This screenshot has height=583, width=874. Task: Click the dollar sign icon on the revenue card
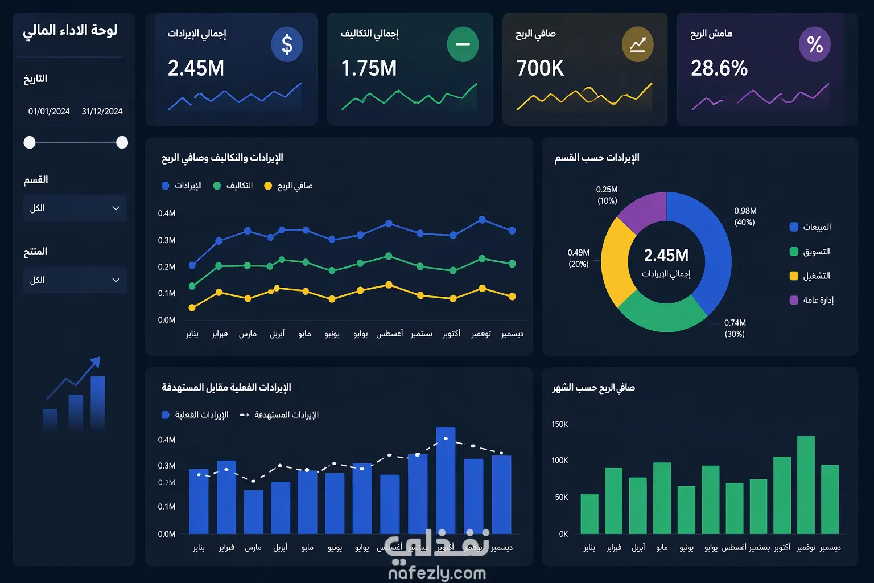point(287,44)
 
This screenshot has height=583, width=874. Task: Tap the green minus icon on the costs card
point(463,44)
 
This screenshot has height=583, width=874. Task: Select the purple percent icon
point(815,44)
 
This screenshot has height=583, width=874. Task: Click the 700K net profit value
point(540,68)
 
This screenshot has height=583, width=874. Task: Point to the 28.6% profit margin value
point(719,68)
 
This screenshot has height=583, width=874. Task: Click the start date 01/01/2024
point(49,112)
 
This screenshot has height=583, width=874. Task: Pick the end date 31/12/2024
point(102,112)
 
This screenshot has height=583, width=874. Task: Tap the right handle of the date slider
point(122,142)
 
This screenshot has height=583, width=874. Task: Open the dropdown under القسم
point(75,208)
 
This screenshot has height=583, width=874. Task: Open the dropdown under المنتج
point(75,280)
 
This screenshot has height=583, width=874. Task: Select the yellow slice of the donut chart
point(617,262)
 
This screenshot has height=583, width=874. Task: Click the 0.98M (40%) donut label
point(745,216)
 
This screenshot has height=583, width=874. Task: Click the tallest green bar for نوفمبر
point(806,484)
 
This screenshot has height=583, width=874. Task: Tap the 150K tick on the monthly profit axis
point(559,424)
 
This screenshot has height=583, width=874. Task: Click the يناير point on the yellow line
point(192,307)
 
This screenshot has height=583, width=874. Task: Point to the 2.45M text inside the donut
point(666,256)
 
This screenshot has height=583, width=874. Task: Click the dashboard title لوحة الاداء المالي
point(70,30)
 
